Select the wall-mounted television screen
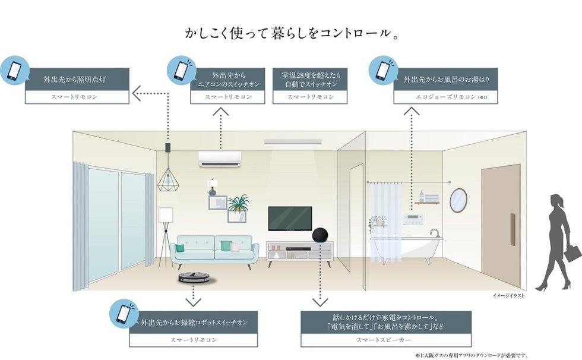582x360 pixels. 290,218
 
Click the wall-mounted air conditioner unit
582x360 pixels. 220,159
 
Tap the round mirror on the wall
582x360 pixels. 458,200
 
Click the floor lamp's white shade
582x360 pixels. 166,214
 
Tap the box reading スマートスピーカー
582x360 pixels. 369,340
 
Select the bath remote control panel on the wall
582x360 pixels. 412,219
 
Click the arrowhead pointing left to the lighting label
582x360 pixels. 136,92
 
